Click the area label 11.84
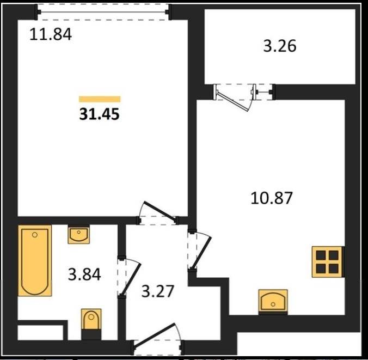point(51,34)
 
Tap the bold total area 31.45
point(100,114)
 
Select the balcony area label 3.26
point(279,46)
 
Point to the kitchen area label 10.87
point(272,198)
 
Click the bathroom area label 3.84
point(84,274)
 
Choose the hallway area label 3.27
point(158,291)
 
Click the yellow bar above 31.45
point(100,99)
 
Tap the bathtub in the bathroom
point(35,261)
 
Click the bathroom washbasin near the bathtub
point(78,234)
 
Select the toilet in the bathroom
point(91,324)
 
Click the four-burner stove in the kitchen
point(327,262)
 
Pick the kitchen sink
point(273,302)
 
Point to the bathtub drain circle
point(35,235)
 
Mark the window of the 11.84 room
point(103,12)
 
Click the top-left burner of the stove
point(321,255)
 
